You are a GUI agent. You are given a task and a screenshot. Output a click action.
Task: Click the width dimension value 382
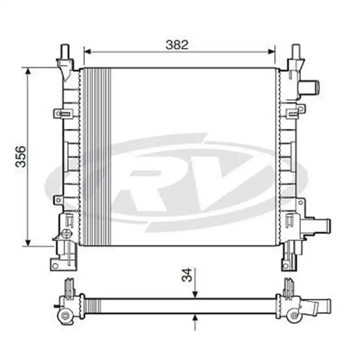coord(177,45)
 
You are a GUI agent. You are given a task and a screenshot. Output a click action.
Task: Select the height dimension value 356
coord(22,156)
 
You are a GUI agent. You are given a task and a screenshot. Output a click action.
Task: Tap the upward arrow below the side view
coord(195,317)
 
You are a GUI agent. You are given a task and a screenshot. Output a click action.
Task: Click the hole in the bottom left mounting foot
coord(55,266)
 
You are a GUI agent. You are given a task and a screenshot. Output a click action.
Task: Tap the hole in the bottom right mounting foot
coord(286,266)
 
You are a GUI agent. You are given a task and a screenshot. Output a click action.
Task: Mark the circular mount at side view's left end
coord(65,316)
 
